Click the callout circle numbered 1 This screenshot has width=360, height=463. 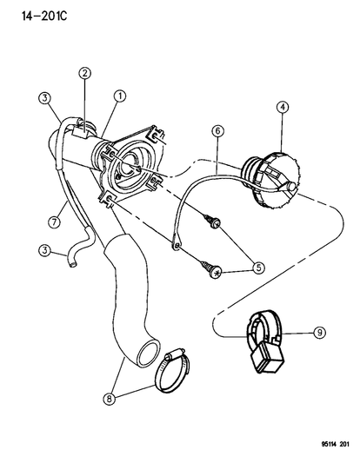pos(120,96)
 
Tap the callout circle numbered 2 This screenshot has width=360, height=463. pos(85,73)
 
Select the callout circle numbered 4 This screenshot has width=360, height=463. pos(283,107)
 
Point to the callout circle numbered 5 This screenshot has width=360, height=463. pos(258,268)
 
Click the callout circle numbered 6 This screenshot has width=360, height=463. pos(218,131)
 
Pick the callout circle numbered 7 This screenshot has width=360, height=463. pos(55,222)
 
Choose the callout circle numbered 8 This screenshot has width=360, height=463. pos(109,399)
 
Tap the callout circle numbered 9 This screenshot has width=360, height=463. pos(319,333)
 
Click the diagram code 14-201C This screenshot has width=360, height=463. pos(44,16)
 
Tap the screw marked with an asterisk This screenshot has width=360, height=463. pos(211,269)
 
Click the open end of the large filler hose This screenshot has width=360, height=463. pos(149,354)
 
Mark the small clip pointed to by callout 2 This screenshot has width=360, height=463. pos(80,134)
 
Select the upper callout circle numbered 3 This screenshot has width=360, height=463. pos(44,98)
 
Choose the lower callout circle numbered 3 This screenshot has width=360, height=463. pos(44,251)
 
